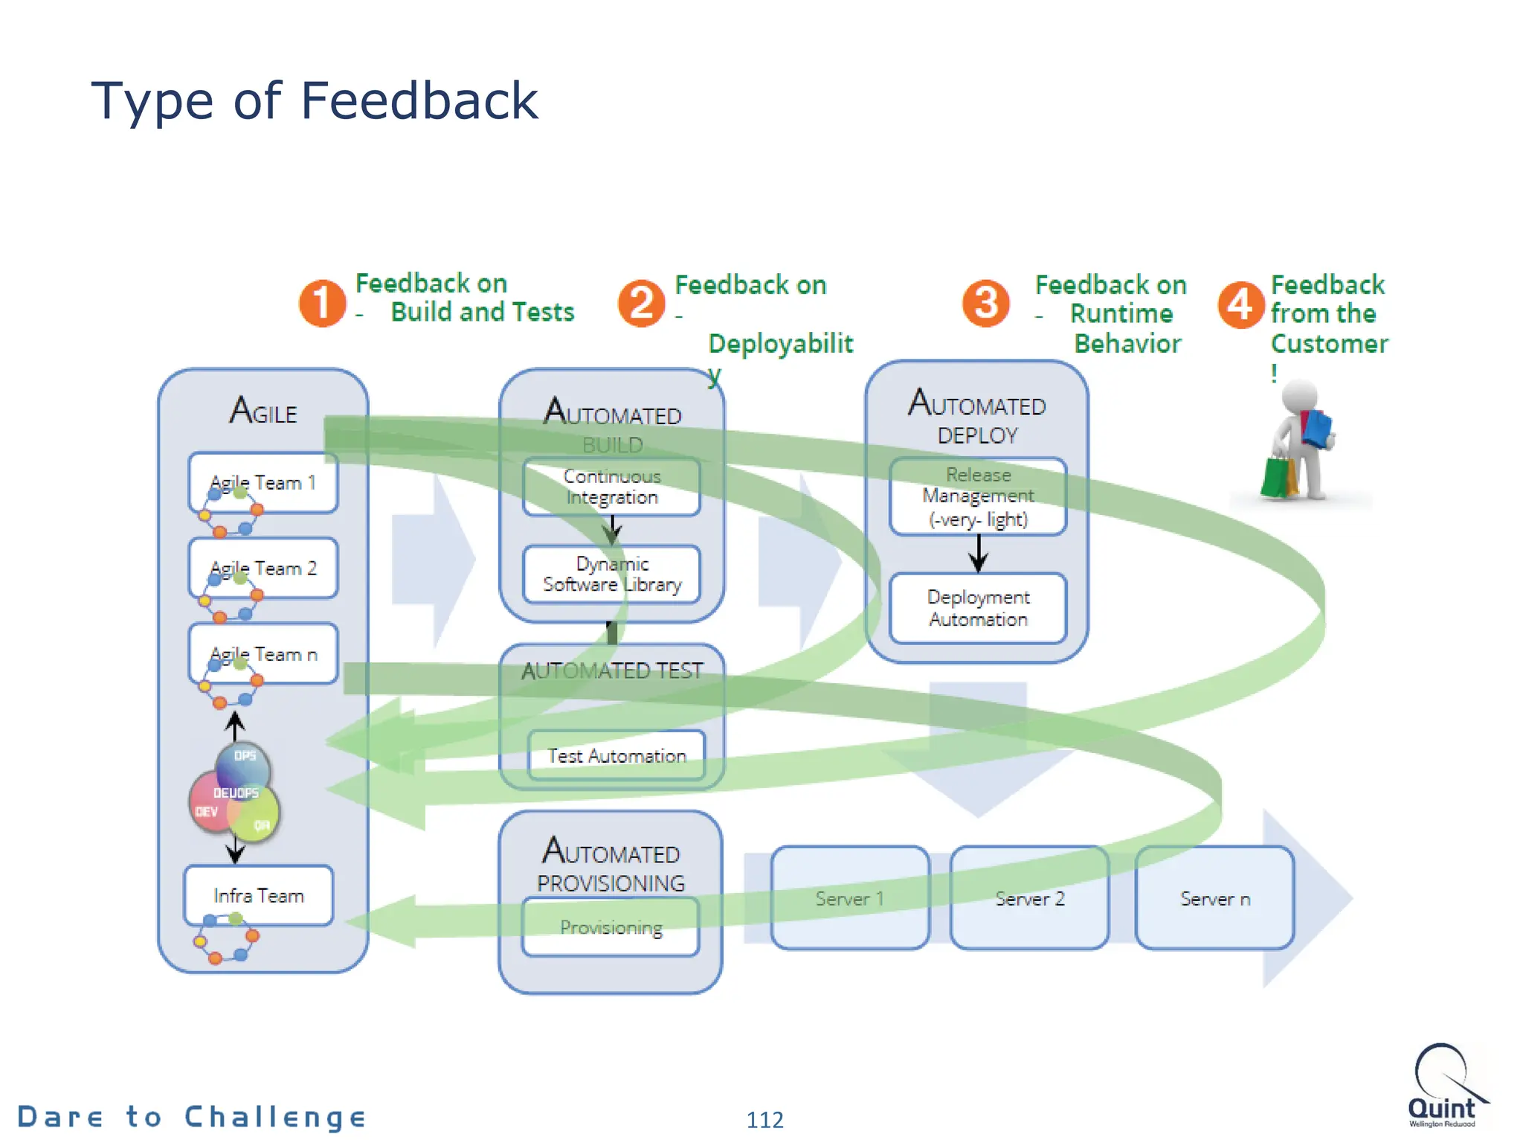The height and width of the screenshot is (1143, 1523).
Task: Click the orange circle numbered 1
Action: (x=322, y=303)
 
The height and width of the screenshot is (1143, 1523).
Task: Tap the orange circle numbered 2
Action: (x=641, y=303)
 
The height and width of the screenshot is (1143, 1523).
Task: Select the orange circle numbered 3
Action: (x=985, y=303)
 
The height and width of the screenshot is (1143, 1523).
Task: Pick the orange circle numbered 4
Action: (x=1240, y=304)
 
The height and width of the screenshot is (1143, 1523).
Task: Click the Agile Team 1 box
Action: (x=263, y=482)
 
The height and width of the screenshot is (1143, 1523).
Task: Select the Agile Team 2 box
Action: (x=263, y=569)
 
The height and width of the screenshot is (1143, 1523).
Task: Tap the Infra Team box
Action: (x=259, y=895)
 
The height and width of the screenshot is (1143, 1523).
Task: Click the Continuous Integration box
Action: (x=611, y=487)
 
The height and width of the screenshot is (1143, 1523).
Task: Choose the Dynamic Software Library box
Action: (x=611, y=574)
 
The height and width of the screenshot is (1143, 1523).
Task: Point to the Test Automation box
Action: (x=616, y=755)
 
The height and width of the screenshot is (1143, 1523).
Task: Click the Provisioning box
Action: (x=611, y=927)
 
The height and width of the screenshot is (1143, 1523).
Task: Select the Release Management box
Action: (x=978, y=496)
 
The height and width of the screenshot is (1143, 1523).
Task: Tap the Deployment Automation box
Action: (x=978, y=608)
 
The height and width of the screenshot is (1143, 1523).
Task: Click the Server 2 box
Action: (x=1029, y=898)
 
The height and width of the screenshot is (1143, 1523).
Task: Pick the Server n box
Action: (x=1214, y=898)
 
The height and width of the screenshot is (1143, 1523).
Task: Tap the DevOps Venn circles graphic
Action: (x=234, y=793)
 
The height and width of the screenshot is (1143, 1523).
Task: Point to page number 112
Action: (x=764, y=1119)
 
